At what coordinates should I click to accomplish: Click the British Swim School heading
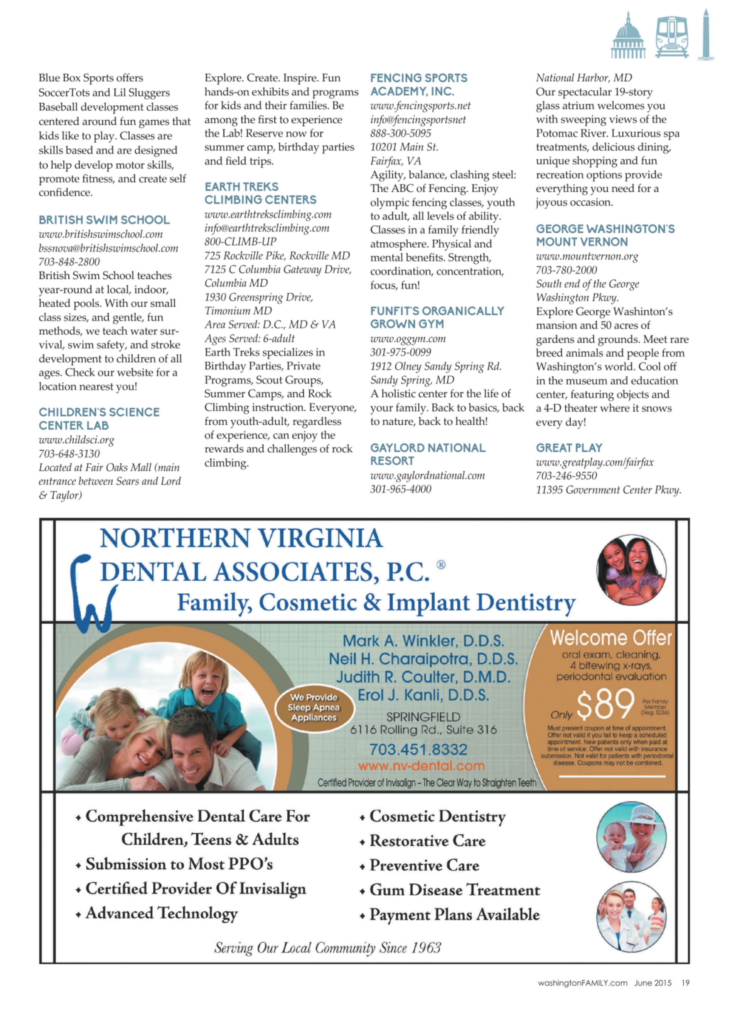pyautogui.click(x=104, y=220)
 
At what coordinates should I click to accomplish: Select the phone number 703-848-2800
pyautogui.click(x=69, y=262)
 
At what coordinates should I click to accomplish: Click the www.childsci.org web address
pyautogui.click(x=76, y=440)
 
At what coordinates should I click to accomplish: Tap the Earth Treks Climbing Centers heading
pyautogui.click(x=260, y=193)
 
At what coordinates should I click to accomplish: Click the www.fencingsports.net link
pyautogui.click(x=420, y=106)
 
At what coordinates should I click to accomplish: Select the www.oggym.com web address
pyautogui.click(x=408, y=339)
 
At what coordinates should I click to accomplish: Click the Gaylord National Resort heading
pyautogui.click(x=427, y=454)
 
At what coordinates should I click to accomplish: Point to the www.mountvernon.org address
pyautogui.click(x=587, y=257)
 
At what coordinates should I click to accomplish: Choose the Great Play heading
pyautogui.click(x=569, y=448)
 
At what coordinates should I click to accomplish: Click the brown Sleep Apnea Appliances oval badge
pyautogui.click(x=314, y=707)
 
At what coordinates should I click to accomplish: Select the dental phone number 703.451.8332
pyautogui.click(x=418, y=749)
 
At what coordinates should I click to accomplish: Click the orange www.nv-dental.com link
pyautogui.click(x=421, y=766)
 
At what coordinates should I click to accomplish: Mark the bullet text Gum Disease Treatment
pyautogui.click(x=454, y=890)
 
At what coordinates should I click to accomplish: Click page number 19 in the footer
pyautogui.click(x=685, y=983)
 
